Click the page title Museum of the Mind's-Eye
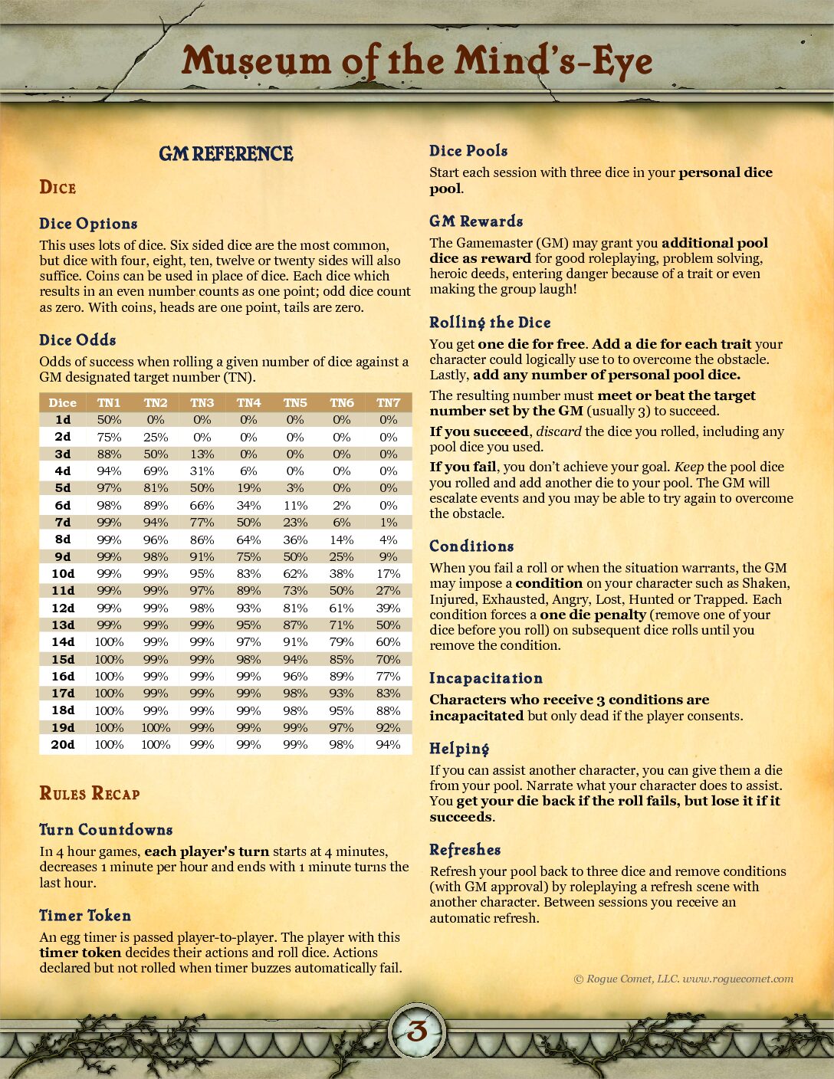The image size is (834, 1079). [x=417, y=61]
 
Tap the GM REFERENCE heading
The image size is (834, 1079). [x=226, y=154]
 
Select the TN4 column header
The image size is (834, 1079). [x=248, y=402]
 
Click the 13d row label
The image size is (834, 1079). [x=63, y=625]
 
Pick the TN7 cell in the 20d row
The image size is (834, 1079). [x=389, y=744]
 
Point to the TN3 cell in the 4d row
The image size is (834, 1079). [x=202, y=471]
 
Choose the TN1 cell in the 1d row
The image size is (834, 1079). [x=109, y=419]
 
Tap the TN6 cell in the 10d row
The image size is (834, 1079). [x=342, y=573]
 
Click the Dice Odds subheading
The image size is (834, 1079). [x=77, y=340]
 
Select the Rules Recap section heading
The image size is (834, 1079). [x=90, y=793]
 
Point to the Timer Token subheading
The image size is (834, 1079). [x=85, y=916]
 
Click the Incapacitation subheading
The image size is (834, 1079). [x=486, y=678]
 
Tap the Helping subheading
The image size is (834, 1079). [x=459, y=749]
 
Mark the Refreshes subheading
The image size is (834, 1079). [x=465, y=850]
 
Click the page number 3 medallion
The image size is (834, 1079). [x=417, y=1031]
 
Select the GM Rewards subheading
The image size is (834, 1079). [x=476, y=221]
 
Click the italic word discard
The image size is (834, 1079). [x=559, y=431]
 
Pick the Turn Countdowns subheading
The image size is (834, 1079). [x=106, y=830]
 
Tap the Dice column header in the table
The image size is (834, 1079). [x=63, y=402]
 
